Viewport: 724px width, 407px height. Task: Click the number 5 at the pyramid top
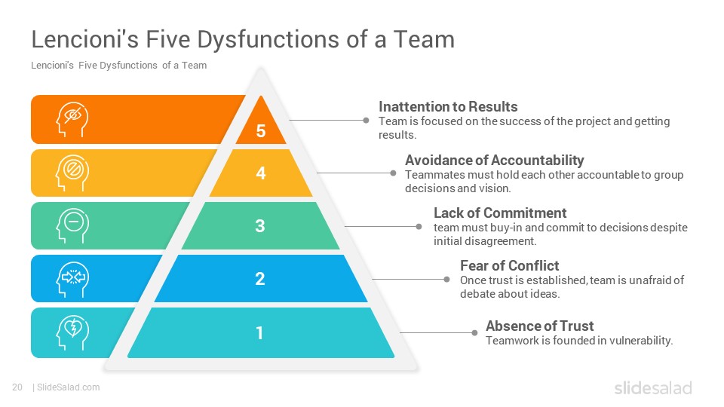coord(261,131)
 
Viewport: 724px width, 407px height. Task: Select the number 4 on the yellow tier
coord(261,173)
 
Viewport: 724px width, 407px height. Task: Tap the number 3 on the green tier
coord(260,225)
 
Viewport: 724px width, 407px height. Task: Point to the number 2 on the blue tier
coord(260,279)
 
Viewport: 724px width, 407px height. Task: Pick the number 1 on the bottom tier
coord(259,332)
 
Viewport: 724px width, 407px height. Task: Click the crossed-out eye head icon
coord(72,120)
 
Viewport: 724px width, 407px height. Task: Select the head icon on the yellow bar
coord(72,173)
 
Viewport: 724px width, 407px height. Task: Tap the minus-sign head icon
coord(72,225)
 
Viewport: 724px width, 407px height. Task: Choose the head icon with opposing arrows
coord(72,279)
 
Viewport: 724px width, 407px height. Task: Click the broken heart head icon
coord(72,332)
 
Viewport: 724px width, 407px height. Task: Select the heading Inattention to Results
coord(448,106)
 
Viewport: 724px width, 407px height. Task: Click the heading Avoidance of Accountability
coord(495,160)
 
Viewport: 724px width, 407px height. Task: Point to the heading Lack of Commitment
coord(500,213)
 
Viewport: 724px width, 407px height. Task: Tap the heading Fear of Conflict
coord(509,266)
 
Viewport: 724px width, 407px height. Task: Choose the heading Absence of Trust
coord(540,326)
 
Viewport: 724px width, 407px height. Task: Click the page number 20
coord(17,387)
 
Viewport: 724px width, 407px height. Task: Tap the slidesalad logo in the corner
coord(653,387)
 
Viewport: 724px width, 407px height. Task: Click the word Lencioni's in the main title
coord(85,38)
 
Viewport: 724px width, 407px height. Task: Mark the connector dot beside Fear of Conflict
coord(446,279)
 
